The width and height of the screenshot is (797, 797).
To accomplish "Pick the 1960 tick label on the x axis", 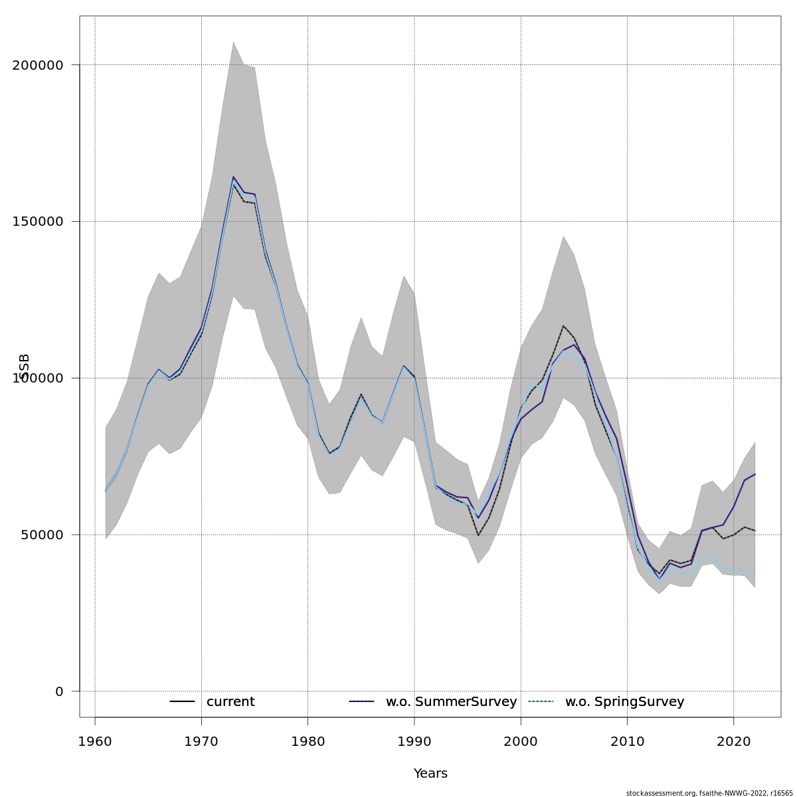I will (x=95, y=741).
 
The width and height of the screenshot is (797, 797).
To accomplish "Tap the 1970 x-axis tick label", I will (x=201, y=741).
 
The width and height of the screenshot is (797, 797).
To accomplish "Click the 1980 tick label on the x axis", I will (x=308, y=741).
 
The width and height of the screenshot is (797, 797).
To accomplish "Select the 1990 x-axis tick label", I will (x=414, y=741).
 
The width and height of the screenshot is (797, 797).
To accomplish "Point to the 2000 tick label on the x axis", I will (x=521, y=741).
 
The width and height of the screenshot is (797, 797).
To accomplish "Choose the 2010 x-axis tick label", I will (x=628, y=741).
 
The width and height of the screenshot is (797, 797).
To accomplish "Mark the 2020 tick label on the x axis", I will (x=734, y=741).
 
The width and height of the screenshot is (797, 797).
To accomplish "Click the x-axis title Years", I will (x=430, y=774).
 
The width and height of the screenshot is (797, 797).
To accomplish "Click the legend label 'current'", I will (x=230, y=702).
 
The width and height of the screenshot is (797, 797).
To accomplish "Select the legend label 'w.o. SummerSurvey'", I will (x=451, y=702).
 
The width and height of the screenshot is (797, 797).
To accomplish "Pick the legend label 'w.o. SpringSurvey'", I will (x=624, y=702).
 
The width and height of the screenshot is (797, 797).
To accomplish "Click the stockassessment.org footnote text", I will (x=709, y=793).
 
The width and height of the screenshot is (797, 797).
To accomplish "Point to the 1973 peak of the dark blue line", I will (x=233, y=177).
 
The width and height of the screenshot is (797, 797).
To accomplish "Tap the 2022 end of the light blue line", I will (x=755, y=575).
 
